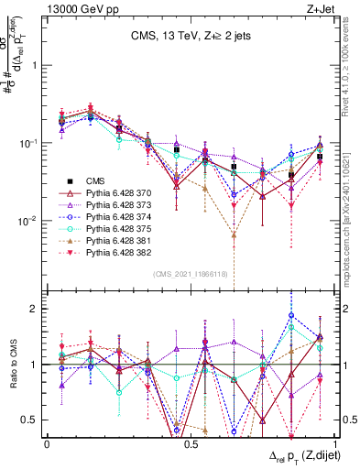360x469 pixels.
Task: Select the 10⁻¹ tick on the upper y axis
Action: tap(30, 144)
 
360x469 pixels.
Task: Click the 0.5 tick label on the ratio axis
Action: tap(30, 420)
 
